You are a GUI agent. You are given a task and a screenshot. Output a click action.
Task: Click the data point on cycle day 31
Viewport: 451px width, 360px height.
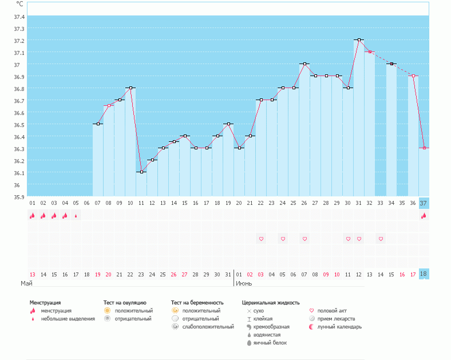point(359,40)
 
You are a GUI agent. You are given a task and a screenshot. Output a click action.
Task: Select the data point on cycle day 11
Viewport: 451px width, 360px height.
point(141,172)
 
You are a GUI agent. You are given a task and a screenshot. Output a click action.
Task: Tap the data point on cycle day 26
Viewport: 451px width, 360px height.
point(304,64)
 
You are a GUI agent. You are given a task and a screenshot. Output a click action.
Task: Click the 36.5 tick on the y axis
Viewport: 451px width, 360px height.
point(19,125)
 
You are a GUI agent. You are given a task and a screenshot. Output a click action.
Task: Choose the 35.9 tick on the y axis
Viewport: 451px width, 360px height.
point(19,197)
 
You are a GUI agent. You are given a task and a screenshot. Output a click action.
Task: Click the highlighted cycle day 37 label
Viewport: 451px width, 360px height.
point(424,203)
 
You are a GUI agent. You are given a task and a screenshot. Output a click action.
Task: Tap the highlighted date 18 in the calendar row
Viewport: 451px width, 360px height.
point(424,275)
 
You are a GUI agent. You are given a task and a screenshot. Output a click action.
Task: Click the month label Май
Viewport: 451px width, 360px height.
point(26,283)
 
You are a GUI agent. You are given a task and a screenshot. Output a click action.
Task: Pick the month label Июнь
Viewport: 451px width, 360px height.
point(244,283)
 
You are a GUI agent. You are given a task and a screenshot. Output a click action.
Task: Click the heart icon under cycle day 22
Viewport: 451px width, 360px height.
point(261,239)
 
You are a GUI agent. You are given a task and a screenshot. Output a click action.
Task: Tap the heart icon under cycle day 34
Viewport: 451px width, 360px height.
point(381,239)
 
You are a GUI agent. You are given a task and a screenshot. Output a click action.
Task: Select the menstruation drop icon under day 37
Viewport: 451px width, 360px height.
point(424,216)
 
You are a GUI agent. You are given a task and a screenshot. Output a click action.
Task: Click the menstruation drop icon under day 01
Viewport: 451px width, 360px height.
point(33,216)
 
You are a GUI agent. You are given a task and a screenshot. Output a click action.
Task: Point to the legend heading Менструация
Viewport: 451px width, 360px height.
point(45,303)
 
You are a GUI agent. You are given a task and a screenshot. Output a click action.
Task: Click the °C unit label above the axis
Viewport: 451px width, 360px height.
point(20,4)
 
